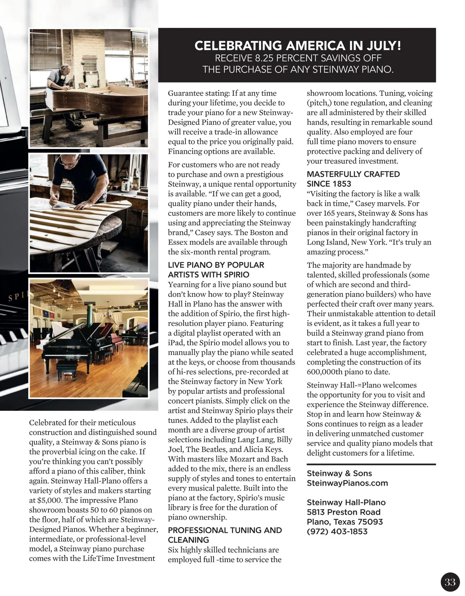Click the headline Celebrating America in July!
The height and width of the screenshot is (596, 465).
point(297,46)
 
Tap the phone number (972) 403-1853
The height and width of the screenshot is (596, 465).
point(337,531)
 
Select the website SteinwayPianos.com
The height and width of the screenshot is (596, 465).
point(347,483)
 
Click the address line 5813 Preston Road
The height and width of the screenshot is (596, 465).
point(343,512)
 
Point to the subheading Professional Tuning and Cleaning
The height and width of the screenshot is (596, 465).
point(225,535)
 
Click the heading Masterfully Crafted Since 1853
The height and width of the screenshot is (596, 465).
point(353,179)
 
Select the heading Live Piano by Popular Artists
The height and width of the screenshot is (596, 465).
point(215,270)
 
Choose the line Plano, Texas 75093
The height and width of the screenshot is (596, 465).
point(344,522)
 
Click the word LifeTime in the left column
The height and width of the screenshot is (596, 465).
point(97,558)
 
